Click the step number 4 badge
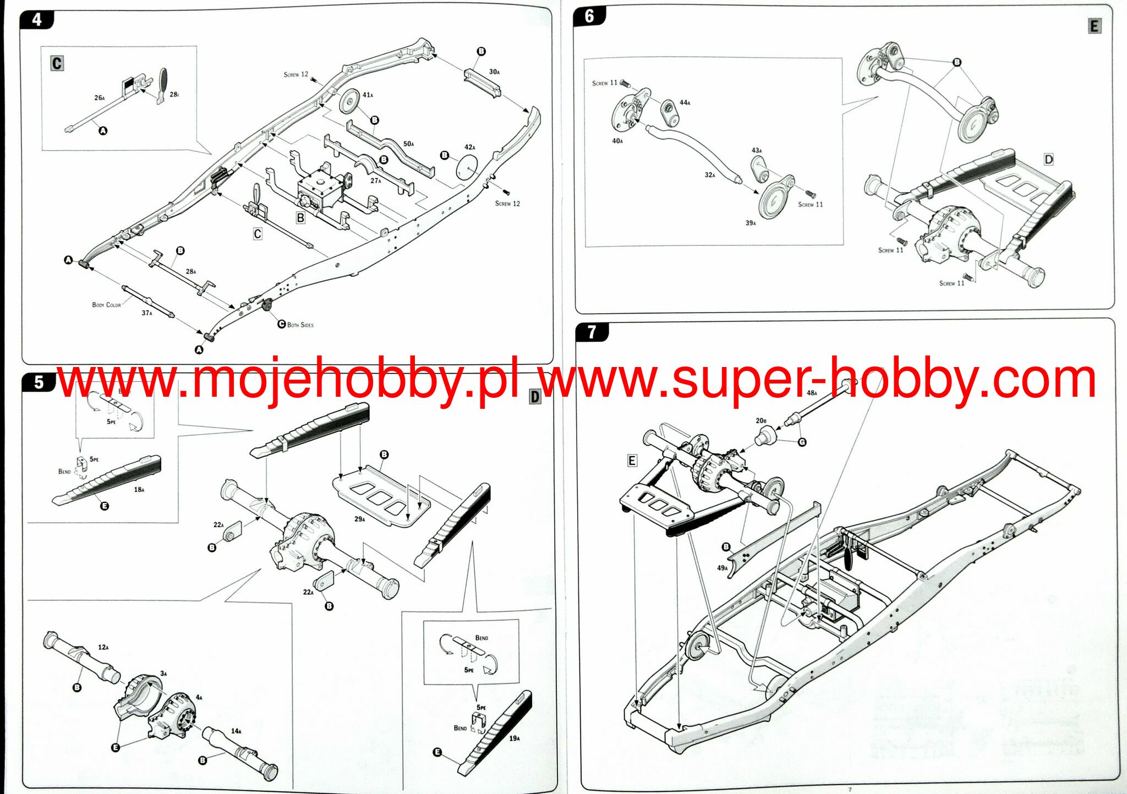(37, 20)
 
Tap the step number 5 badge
(39, 382)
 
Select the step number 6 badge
(589, 16)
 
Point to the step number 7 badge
(592, 332)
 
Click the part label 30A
(494, 72)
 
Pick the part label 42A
(469, 147)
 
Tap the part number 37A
(147, 313)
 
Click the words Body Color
(106, 304)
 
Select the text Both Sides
(300, 325)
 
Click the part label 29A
(359, 519)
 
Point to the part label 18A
(139, 489)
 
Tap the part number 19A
(514, 738)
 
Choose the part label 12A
(103, 647)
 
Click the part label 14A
(236, 731)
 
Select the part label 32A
(710, 175)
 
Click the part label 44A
(685, 102)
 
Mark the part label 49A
(722, 568)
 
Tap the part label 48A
(812, 393)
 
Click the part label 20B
(761, 420)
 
